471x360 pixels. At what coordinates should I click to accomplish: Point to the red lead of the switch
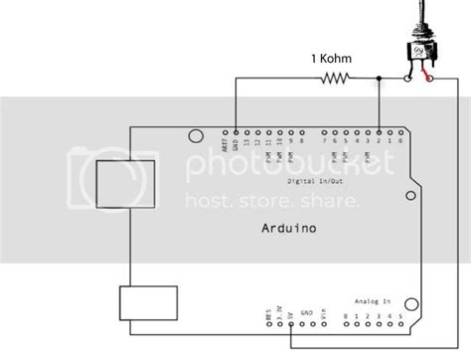[426, 76]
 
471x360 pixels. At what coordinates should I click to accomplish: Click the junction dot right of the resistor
[379, 77]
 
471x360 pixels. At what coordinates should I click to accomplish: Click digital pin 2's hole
[379, 130]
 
